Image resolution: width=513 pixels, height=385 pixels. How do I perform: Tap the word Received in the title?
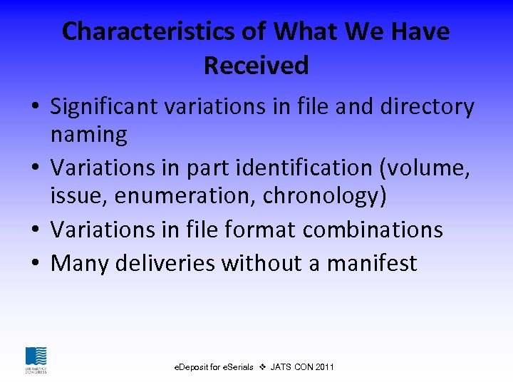point(256,66)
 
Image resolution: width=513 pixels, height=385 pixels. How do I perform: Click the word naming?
point(88,134)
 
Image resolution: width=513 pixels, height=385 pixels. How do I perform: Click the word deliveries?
point(165,263)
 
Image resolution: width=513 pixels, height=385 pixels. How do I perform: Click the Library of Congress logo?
point(36,359)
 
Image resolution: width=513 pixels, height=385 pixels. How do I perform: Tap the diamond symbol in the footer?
point(262,367)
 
